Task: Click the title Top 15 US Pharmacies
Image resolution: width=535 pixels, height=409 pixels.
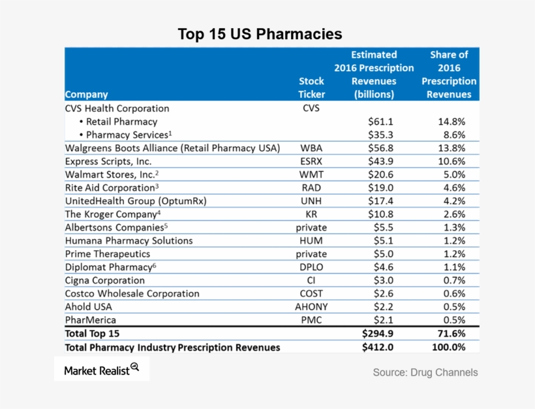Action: coord(260,33)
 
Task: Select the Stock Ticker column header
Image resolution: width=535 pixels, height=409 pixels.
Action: coord(311,88)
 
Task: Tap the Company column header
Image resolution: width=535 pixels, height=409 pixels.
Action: coord(87,95)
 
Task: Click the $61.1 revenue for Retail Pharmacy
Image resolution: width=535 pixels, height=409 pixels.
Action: coord(380,122)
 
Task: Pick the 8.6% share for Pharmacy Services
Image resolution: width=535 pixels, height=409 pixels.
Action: coord(450,135)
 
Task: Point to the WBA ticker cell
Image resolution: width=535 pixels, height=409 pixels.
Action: coord(311,148)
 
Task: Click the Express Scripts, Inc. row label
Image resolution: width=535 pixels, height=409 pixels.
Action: coord(108,161)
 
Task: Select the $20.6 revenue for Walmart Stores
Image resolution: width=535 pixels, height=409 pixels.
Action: coord(380,174)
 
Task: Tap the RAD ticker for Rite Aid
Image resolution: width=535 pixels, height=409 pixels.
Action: coord(311,188)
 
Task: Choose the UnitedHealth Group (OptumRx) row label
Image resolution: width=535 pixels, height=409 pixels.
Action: coord(136,201)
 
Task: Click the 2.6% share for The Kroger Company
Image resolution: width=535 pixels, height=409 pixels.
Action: coord(450,214)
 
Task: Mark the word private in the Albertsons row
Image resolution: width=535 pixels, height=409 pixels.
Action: coord(311,227)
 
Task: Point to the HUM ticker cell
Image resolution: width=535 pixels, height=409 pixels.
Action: coord(311,240)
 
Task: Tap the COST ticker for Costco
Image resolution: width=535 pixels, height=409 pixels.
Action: coord(311,293)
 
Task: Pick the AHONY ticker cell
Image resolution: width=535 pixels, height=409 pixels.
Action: coord(311,307)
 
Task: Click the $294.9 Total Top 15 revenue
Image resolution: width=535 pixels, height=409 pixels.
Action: coord(378,333)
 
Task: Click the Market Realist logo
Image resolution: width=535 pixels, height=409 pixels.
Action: coord(102,370)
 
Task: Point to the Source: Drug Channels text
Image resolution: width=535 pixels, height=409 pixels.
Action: coord(425,372)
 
